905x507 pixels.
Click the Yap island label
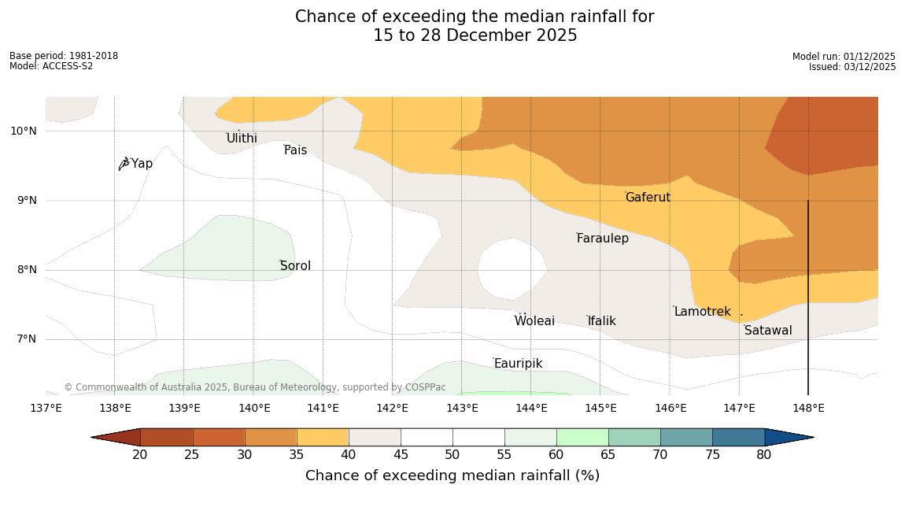pyautogui.click(x=142, y=164)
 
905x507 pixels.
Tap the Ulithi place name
pyautogui.click(x=242, y=139)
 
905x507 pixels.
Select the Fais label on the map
pyautogui.click(x=296, y=150)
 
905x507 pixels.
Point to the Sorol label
pyautogui.click(x=295, y=266)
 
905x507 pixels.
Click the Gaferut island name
pyautogui.click(x=648, y=198)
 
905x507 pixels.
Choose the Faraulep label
pyautogui.click(x=602, y=239)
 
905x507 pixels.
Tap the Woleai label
pyautogui.click(x=534, y=321)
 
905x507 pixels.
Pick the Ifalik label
pyautogui.click(x=602, y=321)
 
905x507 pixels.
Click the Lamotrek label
pyautogui.click(x=702, y=312)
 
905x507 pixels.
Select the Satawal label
pyautogui.click(x=768, y=331)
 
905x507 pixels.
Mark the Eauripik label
pyautogui.click(x=518, y=364)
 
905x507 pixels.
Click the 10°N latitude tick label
pyautogui.click(x=24, y=131)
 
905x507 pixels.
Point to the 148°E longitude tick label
pyautogui.click(x=808, y=408)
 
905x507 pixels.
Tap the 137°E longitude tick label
pyautogui.click(x=46, y=408)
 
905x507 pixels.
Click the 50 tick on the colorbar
pyautogui.click(x=452, y=455)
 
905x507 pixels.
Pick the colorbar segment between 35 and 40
pyautogui.click(x=323, y=437)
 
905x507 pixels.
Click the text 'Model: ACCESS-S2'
pyautogui.click(x=51, y=66)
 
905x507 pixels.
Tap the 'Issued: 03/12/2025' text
pyautogui.click(x=852, y=67)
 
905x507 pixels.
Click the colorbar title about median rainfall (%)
pyautogui.click(x=452, y=476)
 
